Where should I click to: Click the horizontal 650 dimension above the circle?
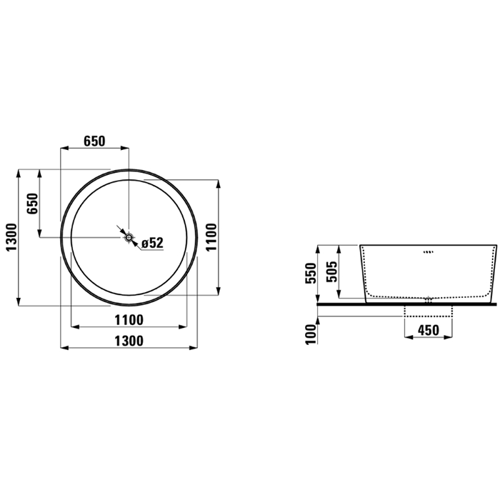pos(94,141)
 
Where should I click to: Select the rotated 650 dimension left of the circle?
pos(33,204)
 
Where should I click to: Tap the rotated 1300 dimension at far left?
pos(11,237)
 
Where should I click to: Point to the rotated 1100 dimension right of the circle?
pos(211,237)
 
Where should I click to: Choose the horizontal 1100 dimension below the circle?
pos(129,320)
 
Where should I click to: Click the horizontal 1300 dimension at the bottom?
pos(129,341)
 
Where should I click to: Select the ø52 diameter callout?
pos(152,243)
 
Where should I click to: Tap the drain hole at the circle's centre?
pos(129,238)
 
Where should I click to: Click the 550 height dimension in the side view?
pos(311,274)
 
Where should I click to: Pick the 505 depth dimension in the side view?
pos(331,271)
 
